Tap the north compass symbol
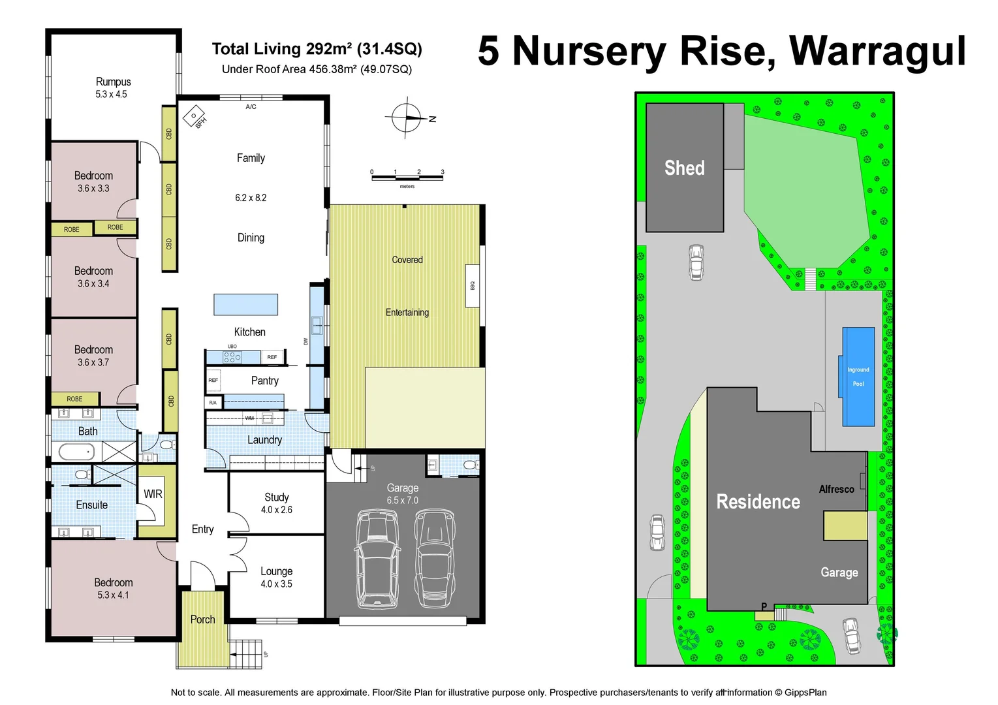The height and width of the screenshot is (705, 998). click(408, 118)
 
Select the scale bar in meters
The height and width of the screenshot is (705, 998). click(407, 177)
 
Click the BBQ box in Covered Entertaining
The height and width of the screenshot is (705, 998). click(473, 285)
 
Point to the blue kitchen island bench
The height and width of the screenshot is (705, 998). click(245, 304)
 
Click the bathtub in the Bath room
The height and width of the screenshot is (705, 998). click(77, 451)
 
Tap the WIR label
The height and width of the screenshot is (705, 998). click(153, 494)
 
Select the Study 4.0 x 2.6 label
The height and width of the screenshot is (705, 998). click(277, 503)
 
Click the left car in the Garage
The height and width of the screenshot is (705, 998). click(378, 559)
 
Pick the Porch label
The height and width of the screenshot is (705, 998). click(202, 619)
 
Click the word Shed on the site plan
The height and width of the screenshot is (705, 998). click(684, 168)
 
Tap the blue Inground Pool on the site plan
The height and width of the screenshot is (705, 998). click(858, 377)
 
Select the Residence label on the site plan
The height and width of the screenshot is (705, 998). click(758, 501)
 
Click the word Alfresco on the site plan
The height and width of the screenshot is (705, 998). click(836, 489)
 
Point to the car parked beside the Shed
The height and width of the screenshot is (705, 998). click(696, 262)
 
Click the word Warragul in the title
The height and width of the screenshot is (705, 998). click(877, 51)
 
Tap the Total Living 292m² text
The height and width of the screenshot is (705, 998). click(317, 49)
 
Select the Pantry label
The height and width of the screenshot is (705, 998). click(264, 381)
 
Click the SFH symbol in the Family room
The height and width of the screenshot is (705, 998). click(195, 117)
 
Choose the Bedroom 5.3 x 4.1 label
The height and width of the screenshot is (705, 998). click(113, 588)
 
